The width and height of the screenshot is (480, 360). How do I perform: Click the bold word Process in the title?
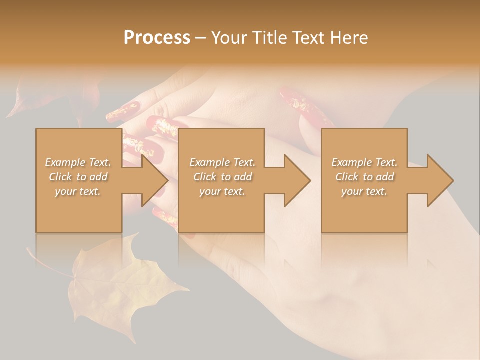click(x=157, y=38)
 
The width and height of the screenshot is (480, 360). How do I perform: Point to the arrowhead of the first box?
click(x=155, y=180)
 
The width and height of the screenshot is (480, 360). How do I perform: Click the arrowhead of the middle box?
click(x=297, y=180)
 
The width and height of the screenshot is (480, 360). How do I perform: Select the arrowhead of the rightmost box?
click(x=440, y=180)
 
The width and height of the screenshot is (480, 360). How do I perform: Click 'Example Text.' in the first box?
click(x=78, y=162)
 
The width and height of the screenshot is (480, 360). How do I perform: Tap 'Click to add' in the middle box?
click(x=222, y=177)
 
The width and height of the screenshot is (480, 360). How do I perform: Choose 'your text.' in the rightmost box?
click(x=364, y=191)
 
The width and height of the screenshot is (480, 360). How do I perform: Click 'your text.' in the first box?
click(x=78, y=191)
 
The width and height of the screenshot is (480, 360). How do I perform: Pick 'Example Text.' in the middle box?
click(x=222, y=162)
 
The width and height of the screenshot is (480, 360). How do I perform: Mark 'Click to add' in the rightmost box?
click(x=364, y=177)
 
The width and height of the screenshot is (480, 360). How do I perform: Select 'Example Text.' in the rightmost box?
click(x=364, y=162)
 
